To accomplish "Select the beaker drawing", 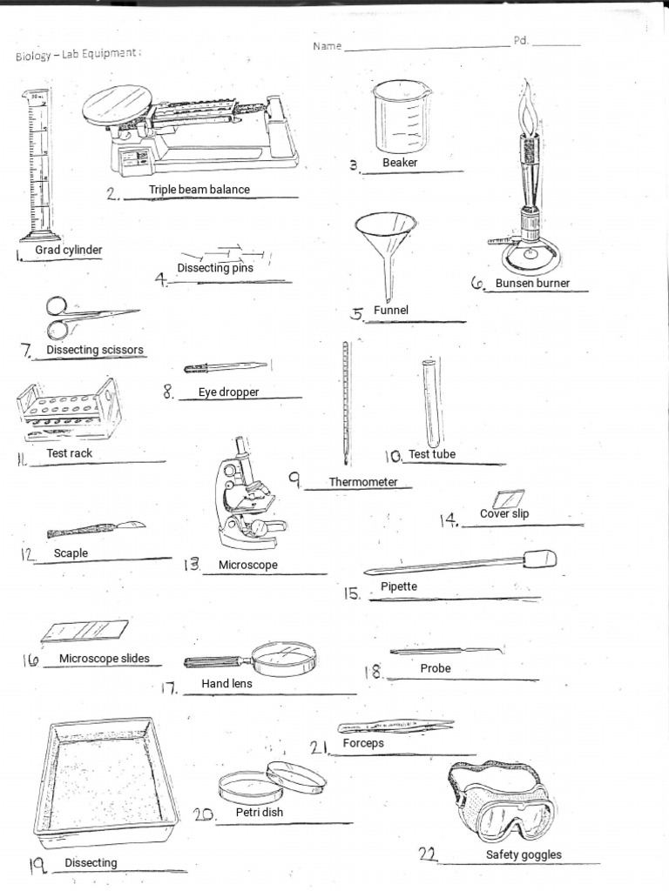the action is tap(402, 116).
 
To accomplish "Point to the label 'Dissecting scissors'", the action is tap(95, 350).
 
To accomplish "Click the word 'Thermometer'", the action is tap(363, 482).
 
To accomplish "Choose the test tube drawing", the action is tap(430, 401).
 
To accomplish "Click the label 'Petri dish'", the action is tap(260, 812).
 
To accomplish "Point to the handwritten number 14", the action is tap(449, 520).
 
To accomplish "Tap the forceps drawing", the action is tap(396, 726).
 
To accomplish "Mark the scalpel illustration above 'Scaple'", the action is tap(96, 529).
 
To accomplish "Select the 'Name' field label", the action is tap(328, 46).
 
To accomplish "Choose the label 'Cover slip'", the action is tap(504, 513).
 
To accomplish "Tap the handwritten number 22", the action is tap(427, 854).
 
